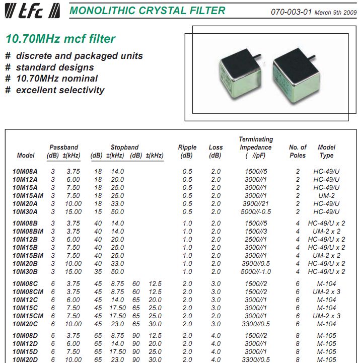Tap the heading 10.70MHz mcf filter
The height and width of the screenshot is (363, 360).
(x=60, y=39)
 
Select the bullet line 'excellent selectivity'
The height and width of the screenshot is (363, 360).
(x=60, y=90)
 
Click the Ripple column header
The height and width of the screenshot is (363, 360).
(x=187, y=151)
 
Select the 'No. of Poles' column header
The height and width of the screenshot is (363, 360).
(x=298, y=151)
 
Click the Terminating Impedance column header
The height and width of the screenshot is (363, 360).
(x=256, y=147)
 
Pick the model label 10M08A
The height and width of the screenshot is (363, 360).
(x=25, y=171)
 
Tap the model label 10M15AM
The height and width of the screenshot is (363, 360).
(x=28, y=195)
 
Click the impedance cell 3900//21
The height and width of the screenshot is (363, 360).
(x=256, y=203)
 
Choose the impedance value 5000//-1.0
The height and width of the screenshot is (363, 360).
(x=256, y=271)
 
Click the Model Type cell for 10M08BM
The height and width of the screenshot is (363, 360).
(x=326, y=231)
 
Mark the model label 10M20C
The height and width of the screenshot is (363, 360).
(x=25, y=324)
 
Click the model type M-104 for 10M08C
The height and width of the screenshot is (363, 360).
(x=326, y=284)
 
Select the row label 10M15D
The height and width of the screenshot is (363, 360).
(x=25, y=351)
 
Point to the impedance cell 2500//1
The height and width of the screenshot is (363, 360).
(x=256, y=239)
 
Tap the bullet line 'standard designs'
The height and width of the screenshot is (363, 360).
(x=55, y=67)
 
